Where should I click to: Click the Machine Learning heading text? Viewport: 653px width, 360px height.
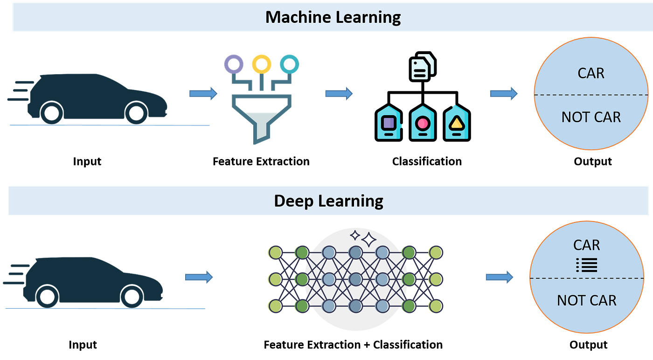333,17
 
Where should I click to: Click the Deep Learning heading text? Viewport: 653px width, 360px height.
328,201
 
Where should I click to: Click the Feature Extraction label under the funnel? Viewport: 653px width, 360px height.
261,161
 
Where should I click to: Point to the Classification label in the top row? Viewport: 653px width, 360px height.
427,161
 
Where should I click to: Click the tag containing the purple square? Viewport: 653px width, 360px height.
389,123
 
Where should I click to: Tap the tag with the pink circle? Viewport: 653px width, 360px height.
423,123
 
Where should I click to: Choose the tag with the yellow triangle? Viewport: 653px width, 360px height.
457,123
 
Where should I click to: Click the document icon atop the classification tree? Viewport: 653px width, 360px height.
423,67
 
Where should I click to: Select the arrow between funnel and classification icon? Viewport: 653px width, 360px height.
339,94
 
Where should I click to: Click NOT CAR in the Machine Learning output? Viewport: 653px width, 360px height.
591,117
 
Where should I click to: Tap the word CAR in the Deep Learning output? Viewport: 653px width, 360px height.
587,245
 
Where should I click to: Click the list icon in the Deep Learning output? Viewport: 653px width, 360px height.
587,265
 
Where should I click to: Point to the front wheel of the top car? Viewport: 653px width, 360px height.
136,113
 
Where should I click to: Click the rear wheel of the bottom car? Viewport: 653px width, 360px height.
47,297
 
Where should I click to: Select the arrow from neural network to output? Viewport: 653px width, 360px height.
500,277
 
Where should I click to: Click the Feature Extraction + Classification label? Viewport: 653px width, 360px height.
353,345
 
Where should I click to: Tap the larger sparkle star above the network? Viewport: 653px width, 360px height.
369,240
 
